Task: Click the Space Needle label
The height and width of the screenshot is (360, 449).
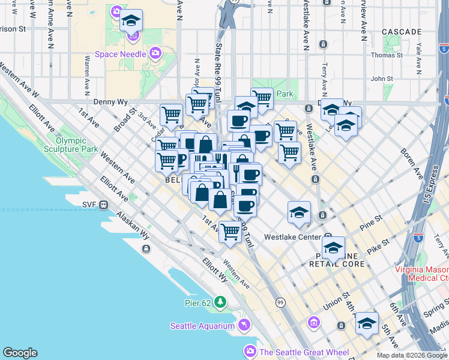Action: (124, 54)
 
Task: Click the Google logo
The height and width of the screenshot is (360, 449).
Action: (20, 353)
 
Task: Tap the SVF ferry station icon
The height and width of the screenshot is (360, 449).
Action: (104, 205)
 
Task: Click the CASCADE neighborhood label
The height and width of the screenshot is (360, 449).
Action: (401, 31)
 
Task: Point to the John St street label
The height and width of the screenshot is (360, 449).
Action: (381, 79)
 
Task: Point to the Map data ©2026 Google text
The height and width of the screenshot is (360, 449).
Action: (411, 355)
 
